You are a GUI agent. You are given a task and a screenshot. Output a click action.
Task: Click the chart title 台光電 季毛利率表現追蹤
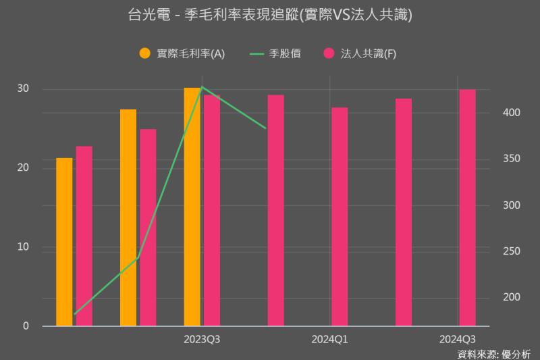point(269,14)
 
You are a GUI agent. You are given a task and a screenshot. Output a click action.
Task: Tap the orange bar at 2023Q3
point(192,207)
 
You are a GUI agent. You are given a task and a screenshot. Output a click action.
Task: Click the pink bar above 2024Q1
point(340,217)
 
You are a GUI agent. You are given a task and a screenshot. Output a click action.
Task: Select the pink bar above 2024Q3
point(467,207)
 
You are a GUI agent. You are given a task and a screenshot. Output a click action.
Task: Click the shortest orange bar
point(64,242)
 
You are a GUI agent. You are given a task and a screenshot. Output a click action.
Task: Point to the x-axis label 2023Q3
point(202,339)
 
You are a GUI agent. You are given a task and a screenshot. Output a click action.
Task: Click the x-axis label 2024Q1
point(329,339)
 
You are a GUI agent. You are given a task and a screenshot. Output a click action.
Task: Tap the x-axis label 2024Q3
point(458,339)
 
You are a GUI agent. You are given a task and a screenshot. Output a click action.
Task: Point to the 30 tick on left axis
point(23,88)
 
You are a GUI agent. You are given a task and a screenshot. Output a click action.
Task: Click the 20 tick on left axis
point(23,168)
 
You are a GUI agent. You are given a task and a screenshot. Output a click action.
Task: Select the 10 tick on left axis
point(23,247)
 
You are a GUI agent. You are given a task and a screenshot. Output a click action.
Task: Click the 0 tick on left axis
point(26,326)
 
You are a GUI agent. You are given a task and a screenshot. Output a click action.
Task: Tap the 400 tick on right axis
point(510,112)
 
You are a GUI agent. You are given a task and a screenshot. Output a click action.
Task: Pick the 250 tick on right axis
point(510,251)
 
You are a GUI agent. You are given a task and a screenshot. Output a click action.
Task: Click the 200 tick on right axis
point(510,297)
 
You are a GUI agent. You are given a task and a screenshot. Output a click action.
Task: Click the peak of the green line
point(202,87)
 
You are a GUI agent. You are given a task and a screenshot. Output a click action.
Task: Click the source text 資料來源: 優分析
point(494,353)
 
